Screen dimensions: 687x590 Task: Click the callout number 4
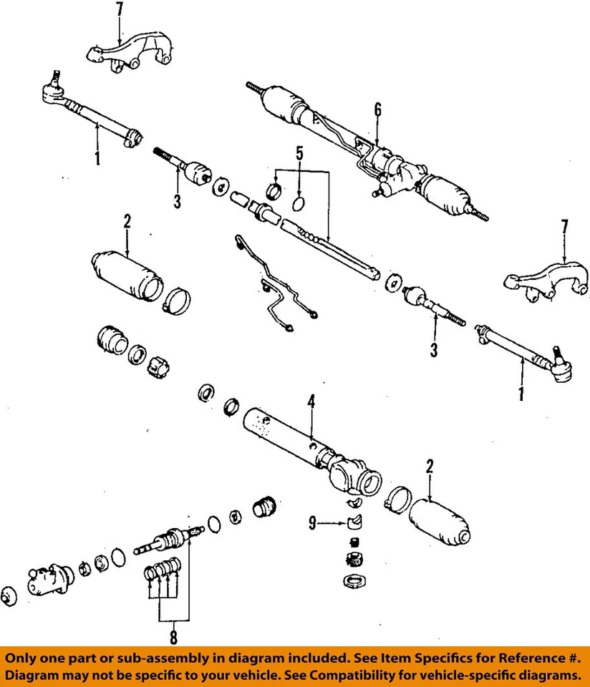click(311, 403)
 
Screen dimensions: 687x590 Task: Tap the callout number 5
click(300, 152)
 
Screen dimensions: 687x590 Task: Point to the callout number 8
click(173, 636)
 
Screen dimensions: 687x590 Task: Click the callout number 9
click(313, 524)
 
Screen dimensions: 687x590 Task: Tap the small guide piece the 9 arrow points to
click(354, 521)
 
